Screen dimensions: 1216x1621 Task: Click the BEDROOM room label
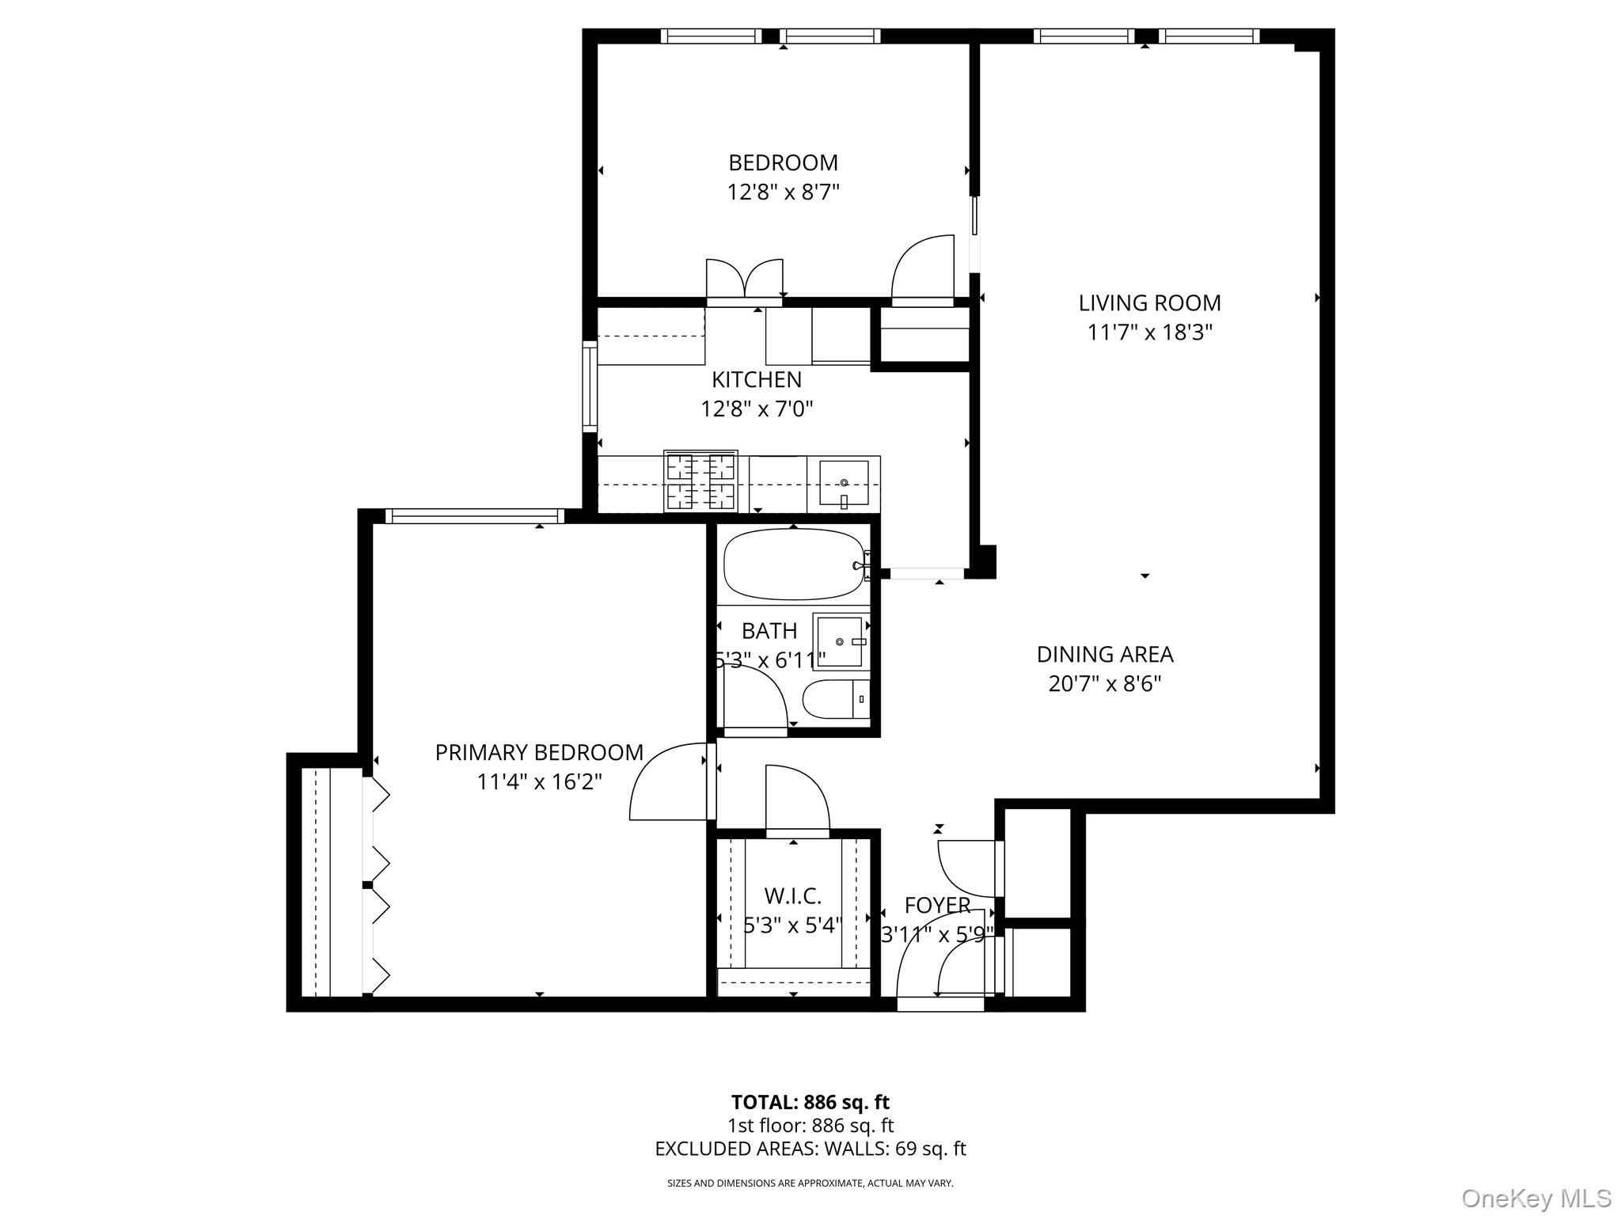pos(783,162)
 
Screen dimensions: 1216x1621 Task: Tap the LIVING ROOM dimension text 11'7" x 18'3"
pos(1149,332)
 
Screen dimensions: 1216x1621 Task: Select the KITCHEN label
pos(756,379)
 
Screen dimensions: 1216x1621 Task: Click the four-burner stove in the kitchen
pos(700,481)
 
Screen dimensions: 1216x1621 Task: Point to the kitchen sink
pos(843,483)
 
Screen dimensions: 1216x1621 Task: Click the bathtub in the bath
pos(794,564)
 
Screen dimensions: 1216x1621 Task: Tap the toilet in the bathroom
pos(836,699)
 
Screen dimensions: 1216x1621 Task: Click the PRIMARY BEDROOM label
pos(539,752)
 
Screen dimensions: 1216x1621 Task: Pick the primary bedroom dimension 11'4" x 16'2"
pos(539,782)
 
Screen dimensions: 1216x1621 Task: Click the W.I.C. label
pos(792,896)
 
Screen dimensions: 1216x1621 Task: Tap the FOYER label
pos(937,905)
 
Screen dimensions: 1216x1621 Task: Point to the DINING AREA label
pos(1105,654)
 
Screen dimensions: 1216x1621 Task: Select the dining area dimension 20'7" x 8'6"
pos(1105,683)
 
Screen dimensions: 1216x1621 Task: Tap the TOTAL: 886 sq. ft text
pos(810,1102)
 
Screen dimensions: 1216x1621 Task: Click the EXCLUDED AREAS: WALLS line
pos(810,1149)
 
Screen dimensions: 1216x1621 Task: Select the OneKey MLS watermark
pos(1536,1198)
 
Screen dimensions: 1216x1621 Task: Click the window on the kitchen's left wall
pos(590,386)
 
